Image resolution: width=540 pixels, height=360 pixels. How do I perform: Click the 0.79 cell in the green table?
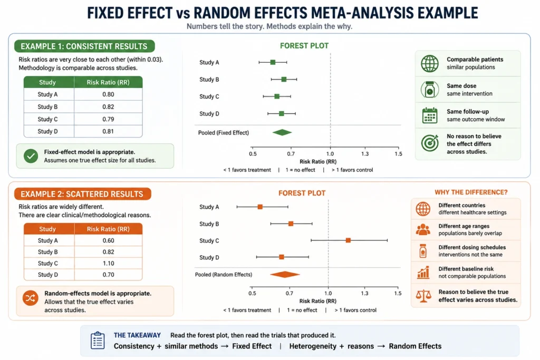(108, 119)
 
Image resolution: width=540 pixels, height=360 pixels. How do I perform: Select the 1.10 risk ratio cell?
(109, 264)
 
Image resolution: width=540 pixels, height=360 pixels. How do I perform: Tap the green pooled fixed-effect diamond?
(282, 132)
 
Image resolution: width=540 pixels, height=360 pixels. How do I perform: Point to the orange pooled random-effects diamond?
(285, 274)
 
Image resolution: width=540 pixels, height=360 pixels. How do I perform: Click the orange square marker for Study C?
(348, 240)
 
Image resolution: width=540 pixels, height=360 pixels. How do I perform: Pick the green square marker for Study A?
(273, 62)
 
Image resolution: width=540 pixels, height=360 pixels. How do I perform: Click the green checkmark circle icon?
(31, 156)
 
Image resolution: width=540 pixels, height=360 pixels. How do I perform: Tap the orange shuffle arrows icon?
(30, 298)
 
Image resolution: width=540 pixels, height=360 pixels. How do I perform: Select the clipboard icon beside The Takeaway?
(98, 340)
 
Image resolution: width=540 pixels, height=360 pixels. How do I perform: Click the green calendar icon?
(430, 115)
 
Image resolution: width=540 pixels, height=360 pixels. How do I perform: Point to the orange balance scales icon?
(423, 296)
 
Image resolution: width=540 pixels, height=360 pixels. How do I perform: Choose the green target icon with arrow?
(430, 143)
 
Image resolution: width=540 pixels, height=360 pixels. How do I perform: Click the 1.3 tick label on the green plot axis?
(365, 154)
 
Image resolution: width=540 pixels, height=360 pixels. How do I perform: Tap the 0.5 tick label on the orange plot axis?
(253, 293)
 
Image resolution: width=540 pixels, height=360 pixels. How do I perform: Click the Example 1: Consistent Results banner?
(84, 46)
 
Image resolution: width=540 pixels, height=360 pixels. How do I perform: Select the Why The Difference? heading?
(471, 192)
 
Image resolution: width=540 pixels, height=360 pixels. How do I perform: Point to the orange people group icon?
(423, 230)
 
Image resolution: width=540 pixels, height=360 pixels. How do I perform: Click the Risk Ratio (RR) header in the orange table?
(108, 229)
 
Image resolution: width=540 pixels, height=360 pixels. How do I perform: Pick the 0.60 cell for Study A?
(109, 240)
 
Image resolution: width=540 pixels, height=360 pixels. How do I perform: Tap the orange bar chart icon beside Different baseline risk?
(423, 272)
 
